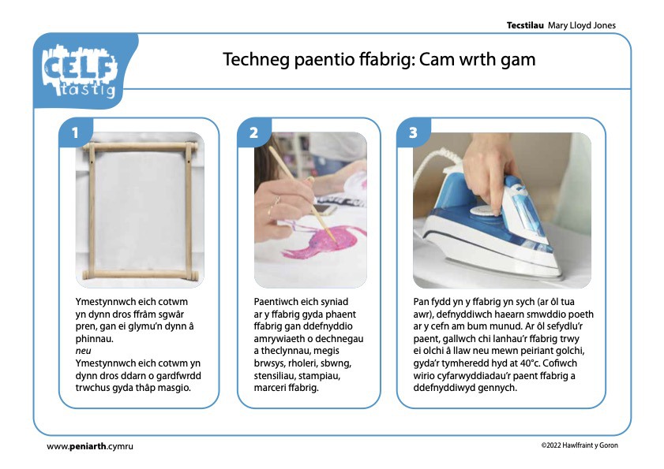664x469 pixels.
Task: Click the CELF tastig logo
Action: click(80, 71)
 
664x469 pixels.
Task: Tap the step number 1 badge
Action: click(75, 132)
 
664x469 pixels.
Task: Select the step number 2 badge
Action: click(253, 132)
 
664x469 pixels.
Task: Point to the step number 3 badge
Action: click(413, 132)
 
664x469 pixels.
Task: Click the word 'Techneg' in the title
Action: click(256, 60)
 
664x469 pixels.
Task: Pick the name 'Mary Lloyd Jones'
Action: click(582, 25)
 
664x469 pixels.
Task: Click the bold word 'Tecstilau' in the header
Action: click(525, 25)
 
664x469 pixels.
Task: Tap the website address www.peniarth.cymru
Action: click(90, 446)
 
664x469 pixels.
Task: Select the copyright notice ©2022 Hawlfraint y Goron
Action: click(580, 445)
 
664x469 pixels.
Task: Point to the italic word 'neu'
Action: click(83, 351)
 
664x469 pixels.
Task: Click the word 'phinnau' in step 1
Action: click(94, 339)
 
